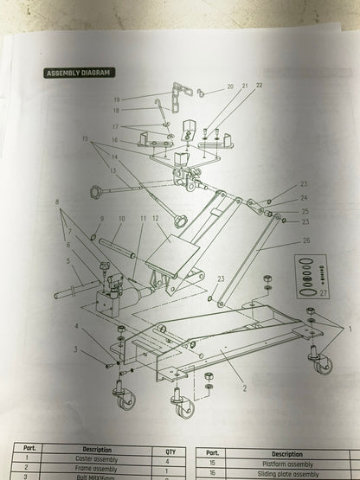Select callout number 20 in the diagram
coord(230,87)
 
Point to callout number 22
coord(259,86)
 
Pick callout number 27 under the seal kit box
coord(325,294)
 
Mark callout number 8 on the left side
coord(58,202)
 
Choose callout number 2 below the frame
coord(245,389)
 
